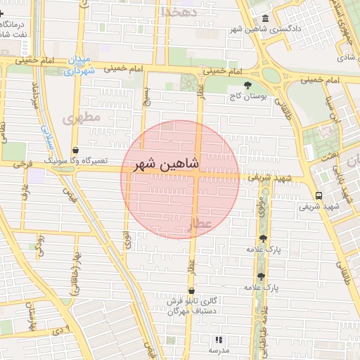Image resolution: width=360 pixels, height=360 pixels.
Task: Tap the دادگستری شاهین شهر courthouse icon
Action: pyautogui.click(x=264, y=18)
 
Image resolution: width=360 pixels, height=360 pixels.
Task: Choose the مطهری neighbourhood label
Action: pyautogui.click(x=82, y=117)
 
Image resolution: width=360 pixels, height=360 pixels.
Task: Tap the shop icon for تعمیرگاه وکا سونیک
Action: pyautogui.click(x=76, y=150)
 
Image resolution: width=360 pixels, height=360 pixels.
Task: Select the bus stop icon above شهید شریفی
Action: pyautogui.click(x=319, y=195)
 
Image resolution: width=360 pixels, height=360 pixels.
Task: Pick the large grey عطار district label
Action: pyautogui.click(x=199, y=223)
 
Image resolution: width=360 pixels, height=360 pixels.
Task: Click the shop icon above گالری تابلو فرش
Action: pyautogui.click(x=191, y=290)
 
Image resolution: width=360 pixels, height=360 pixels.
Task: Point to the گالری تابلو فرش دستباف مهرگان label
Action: pyautogui.click(x=191, y=306)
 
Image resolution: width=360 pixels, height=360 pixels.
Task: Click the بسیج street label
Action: pyautogui.click(x=146, y=96)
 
